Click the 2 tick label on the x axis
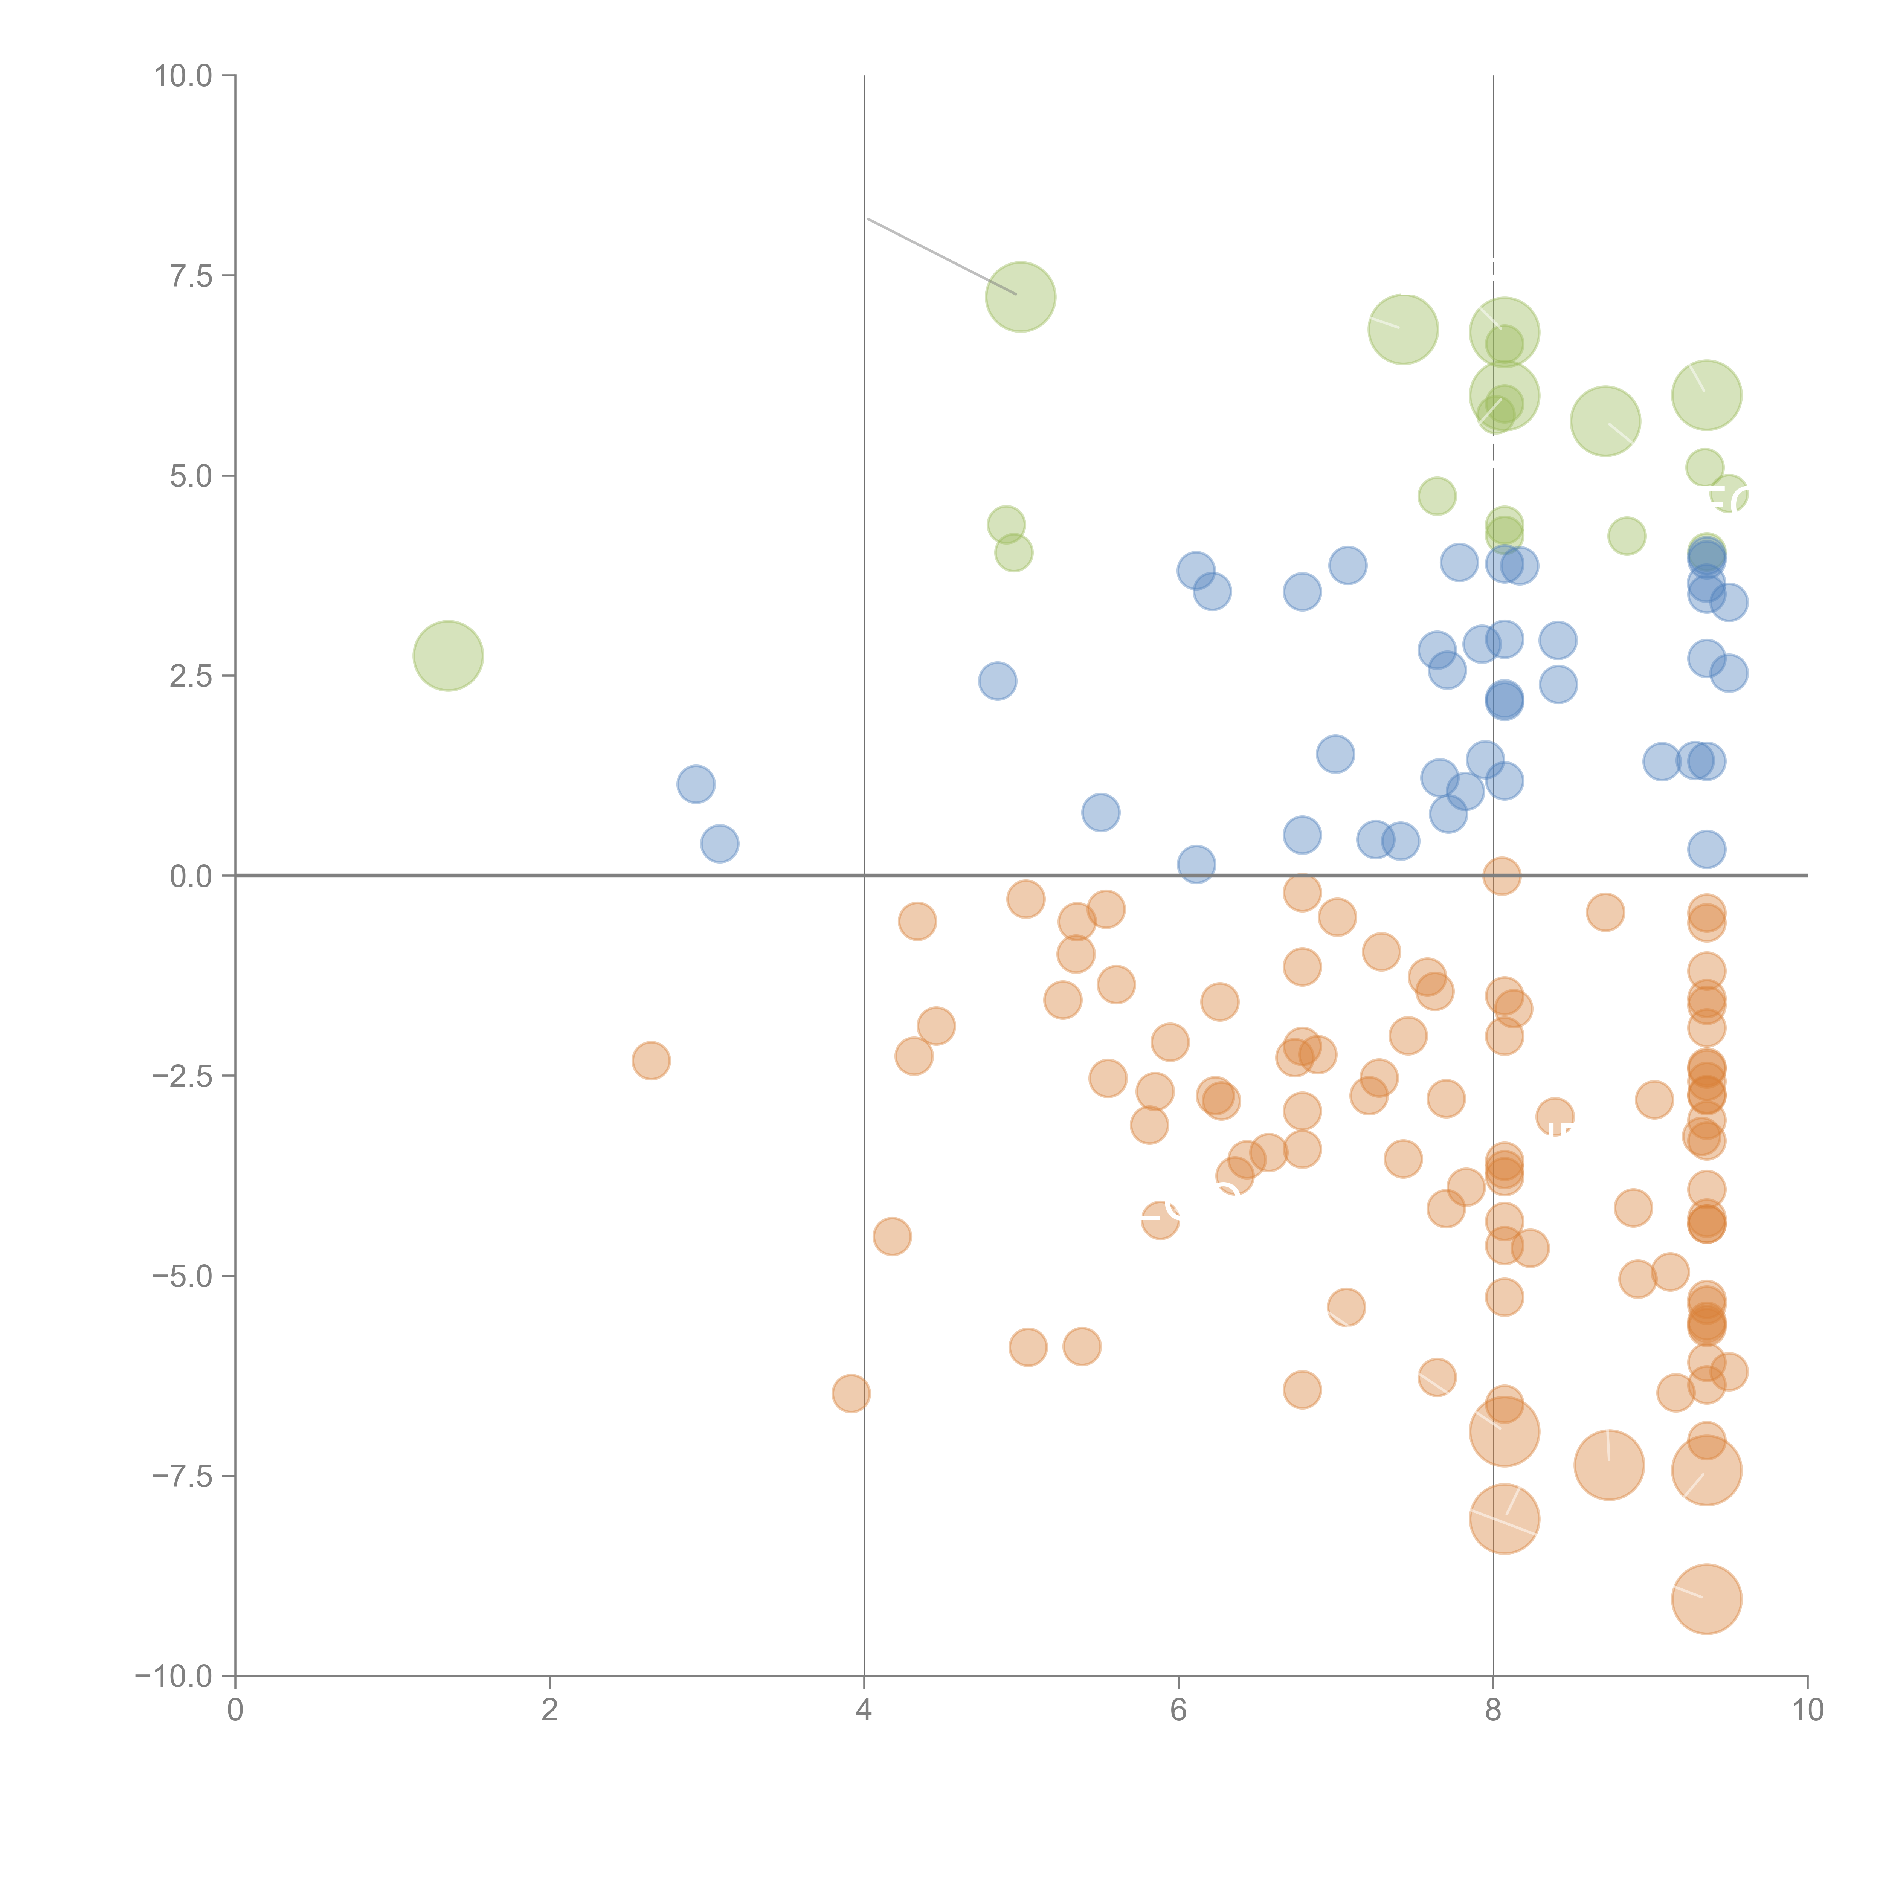[550, 1711]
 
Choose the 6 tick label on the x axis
[1178, 1711]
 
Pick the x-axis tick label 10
[1807, 1711]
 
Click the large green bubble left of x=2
[448, 655]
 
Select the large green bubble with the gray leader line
[1021, 296]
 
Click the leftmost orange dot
[651, 1061]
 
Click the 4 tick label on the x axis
[864, 1711]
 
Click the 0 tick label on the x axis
[235, 1711]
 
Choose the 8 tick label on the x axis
[1493, 1711]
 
